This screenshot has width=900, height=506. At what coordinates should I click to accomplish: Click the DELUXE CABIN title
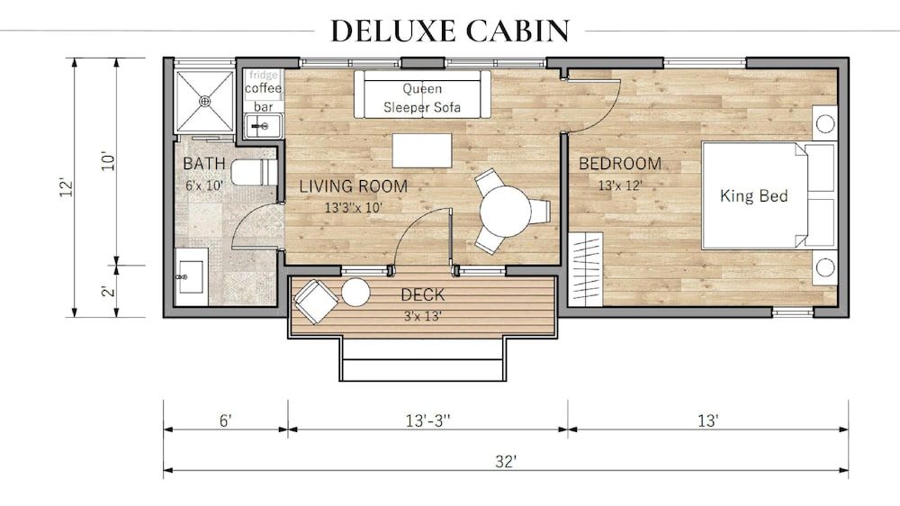pos(449,30)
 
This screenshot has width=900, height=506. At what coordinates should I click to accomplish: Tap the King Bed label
pos(753,195)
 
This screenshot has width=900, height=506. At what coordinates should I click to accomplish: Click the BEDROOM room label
pos(619,164)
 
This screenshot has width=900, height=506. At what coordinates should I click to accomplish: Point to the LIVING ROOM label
pos(353,186)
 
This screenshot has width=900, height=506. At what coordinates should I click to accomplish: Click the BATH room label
pos(198,164)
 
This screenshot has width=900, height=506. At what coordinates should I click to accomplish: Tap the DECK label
pos(422,295)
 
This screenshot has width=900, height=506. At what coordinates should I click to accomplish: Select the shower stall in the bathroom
pos(203,101)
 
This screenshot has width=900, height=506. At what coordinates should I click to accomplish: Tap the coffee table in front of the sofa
pos(421,150)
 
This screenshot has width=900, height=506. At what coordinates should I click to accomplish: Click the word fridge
pos(263,75)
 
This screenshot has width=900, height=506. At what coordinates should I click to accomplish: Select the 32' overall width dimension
pos(505,462)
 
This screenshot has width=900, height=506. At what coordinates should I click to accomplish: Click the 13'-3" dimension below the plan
pos(427,420)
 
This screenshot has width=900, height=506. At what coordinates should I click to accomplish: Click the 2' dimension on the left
pos(106,291)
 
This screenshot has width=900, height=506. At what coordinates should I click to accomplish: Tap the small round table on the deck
pos(355,292)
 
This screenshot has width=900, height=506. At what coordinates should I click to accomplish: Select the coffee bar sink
pos(261,127)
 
